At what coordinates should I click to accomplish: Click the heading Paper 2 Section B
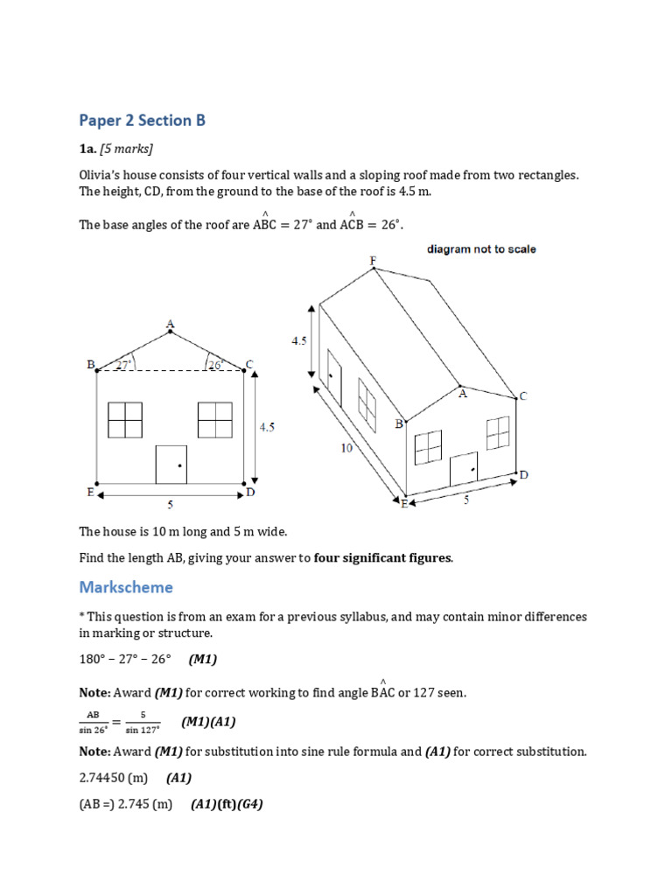142,121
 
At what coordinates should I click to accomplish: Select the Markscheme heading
126,586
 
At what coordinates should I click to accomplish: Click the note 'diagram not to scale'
481,249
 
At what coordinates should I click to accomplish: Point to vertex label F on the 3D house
373,261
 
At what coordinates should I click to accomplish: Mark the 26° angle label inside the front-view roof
215,364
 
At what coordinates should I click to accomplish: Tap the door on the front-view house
171,464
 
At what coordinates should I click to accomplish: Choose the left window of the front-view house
125,420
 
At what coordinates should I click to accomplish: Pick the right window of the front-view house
215,420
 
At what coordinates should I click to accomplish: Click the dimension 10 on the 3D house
346,447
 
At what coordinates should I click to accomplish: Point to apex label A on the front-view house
170,325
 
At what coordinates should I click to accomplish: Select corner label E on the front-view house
90,493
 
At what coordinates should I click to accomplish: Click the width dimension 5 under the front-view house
170,504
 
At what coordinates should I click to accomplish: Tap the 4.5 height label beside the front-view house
267,427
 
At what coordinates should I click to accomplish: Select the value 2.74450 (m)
113,778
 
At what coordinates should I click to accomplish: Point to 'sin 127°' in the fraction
143,729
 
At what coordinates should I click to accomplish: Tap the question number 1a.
87,149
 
